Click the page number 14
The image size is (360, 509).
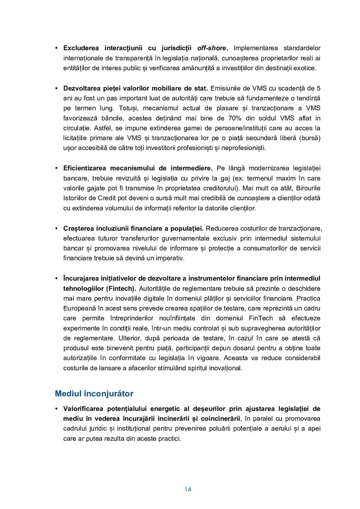click(x=188, y=489)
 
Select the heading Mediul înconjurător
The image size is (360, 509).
click(x=94, y=393)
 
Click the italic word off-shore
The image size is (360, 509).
click(x=212, y=48)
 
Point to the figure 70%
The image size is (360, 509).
click(x=234, y=118)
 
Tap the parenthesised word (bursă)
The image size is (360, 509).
click(x=310, y=138)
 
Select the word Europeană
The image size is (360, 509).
click(x=78, y=308)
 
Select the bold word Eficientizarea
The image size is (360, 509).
click(x=84, y=168)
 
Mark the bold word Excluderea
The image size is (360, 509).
click(x=81, y=48)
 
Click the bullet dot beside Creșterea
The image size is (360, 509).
click(x=56, y=228)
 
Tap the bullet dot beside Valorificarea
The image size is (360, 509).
click(x=56, y=408)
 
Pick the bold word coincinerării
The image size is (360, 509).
click(x=220, y=418)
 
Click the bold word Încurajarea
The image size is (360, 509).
click(x=81, y=278)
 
